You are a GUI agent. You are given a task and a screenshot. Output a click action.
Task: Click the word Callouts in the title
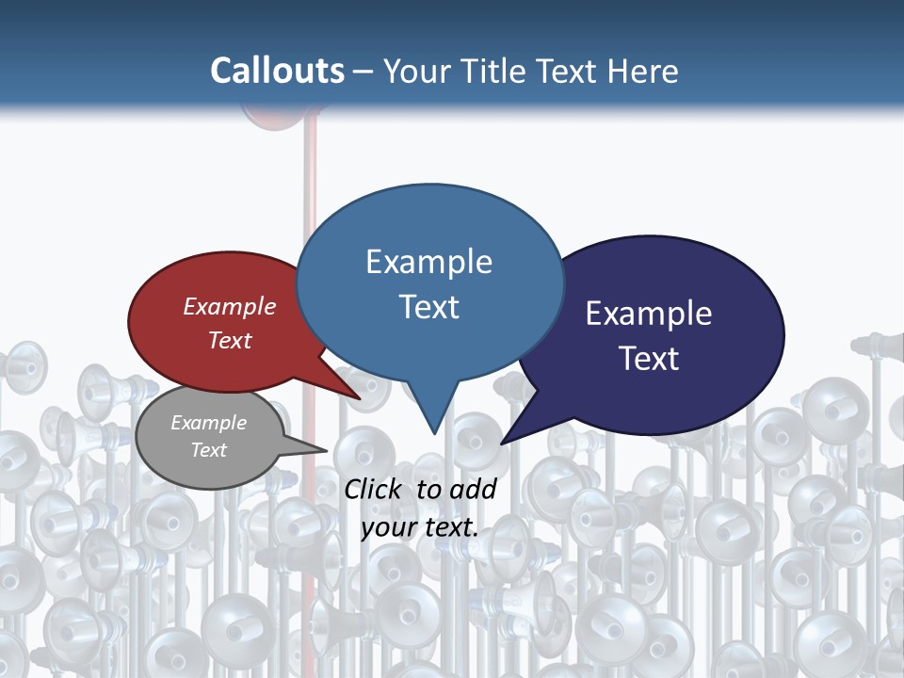(x=277, y=71)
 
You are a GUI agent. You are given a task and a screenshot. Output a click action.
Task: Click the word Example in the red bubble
(x=230, y=306)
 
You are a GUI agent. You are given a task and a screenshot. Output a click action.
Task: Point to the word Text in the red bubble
(x=230, y=340)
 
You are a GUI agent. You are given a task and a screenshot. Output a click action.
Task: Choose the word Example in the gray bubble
(x=208, y=423)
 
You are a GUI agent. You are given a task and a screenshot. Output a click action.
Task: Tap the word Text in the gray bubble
(x=208, y=450)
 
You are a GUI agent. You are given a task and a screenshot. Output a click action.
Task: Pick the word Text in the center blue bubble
(x=428, y=306)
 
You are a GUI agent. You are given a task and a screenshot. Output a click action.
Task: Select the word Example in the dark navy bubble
(x=649, y=313)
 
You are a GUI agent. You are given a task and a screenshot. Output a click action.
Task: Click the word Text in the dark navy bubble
(x=649, y=358)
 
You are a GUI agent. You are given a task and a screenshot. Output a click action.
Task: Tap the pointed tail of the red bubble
(x=358, y=397)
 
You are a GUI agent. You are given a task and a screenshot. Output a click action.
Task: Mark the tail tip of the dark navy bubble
(x=503, y=442)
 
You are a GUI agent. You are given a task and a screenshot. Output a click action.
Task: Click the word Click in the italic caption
(x=374, y=489)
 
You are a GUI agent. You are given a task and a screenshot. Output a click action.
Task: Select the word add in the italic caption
(x=473, y=489)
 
